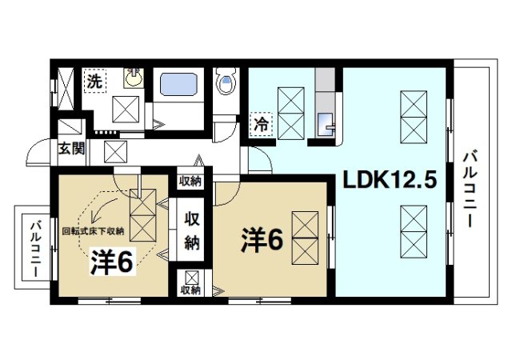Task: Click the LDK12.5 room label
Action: click(x=390, y=182)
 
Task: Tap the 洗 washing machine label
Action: click(x=94, y=81)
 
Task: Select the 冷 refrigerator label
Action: click(x=261, y=124)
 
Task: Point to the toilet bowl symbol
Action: click(x=226, y=83)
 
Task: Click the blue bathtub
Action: click(x=182, y=86)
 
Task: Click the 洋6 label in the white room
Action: click(x=263, y=240)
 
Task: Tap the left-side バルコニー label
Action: click(x=35, y=249)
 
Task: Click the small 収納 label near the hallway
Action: click(x=190, y=180)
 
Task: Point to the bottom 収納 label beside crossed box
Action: click(x=190, y=290)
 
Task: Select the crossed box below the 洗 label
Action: click(x=125, y=108)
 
